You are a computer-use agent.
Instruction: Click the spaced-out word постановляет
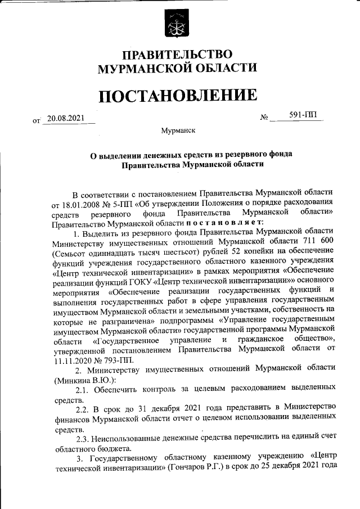219,223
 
